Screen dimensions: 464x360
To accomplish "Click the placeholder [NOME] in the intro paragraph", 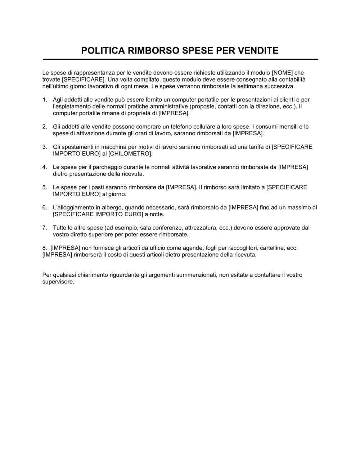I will click(x=283, y=73).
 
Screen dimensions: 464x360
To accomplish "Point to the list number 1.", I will click(x=44, y=100).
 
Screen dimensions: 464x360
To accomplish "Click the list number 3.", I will click(x=44, y=147).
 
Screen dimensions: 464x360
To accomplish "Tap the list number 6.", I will click(x=44, y=208).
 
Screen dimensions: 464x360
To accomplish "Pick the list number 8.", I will click(x=44, y=248).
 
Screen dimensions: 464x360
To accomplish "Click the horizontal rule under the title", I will click(x=180, y=59).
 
